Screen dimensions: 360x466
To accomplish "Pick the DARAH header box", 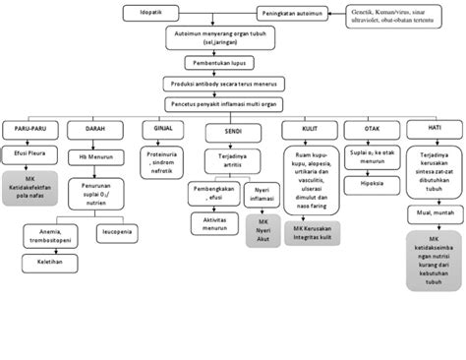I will [x=95, y=129].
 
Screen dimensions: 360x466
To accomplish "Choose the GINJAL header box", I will [x=162, y=129].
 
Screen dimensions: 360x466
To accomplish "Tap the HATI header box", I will [x=433, y=130].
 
